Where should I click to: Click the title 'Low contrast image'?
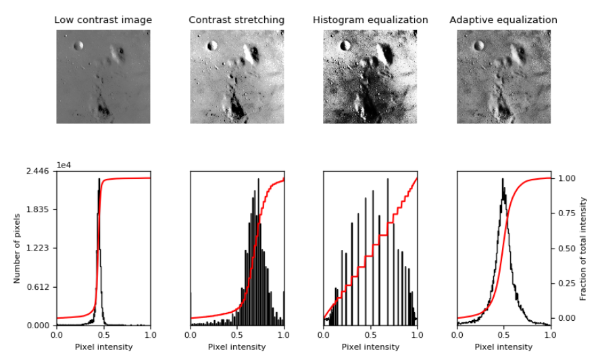pyautogui.click(x=103, y=20)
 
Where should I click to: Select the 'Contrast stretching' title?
pyautogui.click(x=236, y=20)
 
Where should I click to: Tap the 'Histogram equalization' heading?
pyautogui.click(x=370, y=20)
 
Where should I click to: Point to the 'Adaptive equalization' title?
pyautogui.click(x=503, y=20)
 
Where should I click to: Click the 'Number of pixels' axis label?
pyautogui.click(x=18, y=248)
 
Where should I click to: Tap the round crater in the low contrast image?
pyautogui.click(x=78, y=46)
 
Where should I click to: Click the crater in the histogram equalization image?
pyautogui.click(x=346, y=46)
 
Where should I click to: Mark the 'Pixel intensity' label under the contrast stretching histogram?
pyautogui.click(x=236, y=347)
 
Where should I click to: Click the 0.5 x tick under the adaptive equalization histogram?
pyautogui.click(x=504, y=335)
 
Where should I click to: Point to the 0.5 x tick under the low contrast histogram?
pyautogui.click(x=103, y=335)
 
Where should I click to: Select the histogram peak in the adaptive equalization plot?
pyautogui.click(x=503, y=179)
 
